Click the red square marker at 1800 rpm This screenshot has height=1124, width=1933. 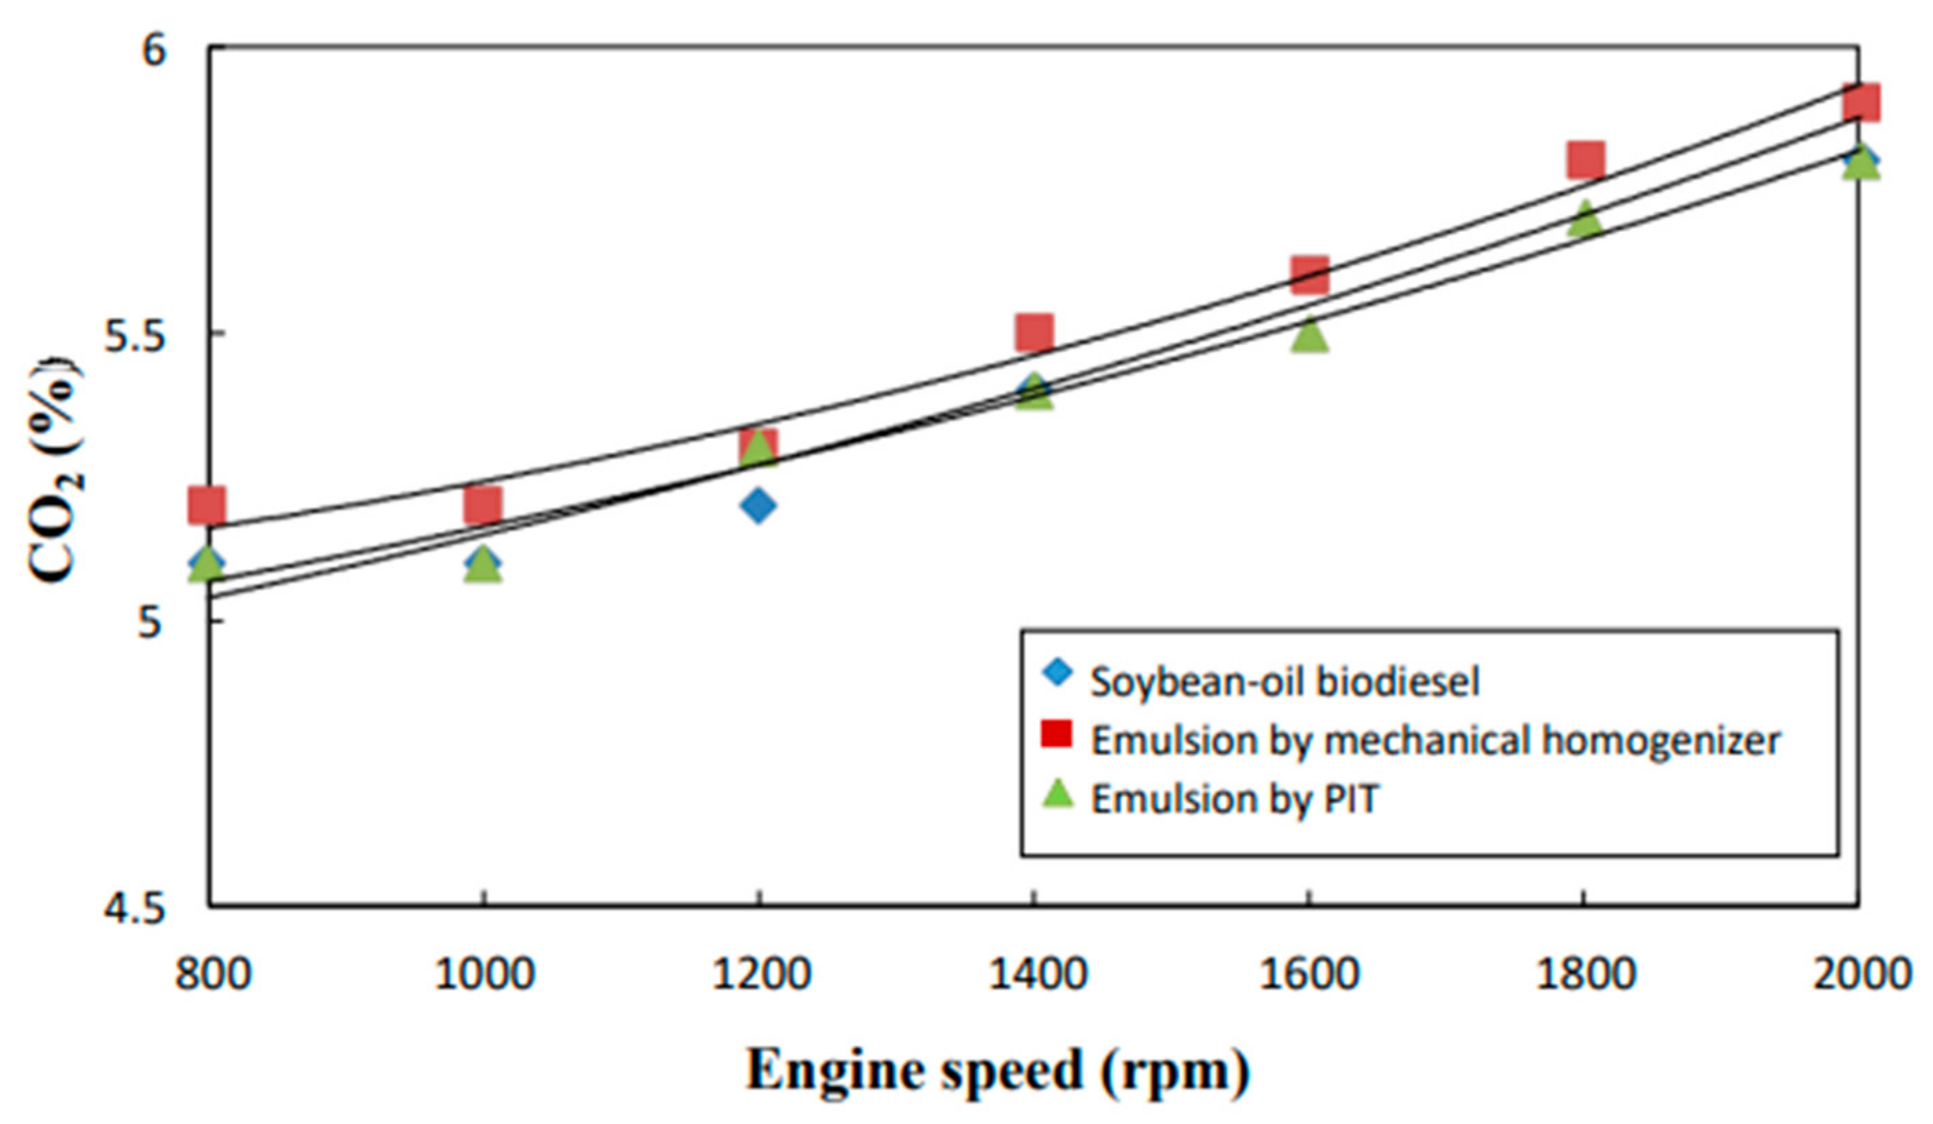point(1585,160)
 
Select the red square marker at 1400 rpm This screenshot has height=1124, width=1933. point(1034,331)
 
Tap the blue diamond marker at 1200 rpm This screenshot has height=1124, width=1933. point(759,505)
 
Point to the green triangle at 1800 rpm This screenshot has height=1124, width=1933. point(1585,220)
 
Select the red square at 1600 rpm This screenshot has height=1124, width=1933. point(1309,275)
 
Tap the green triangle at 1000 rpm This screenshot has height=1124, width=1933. point(483,565)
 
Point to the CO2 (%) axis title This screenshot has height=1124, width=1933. point(55,470)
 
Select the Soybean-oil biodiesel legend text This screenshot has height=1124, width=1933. point(1284,681)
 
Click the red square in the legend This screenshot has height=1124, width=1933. point(1057,733)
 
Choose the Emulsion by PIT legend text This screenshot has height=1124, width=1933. point(1235,800)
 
